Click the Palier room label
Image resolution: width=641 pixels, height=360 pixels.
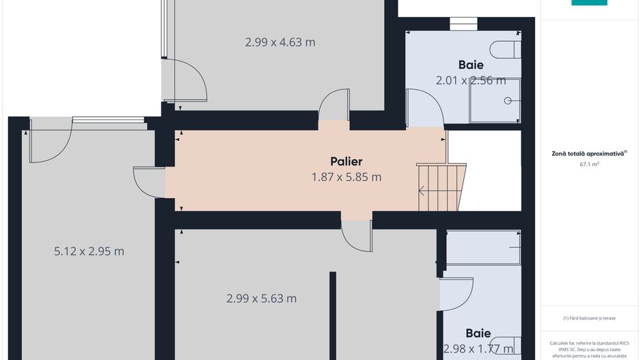pos(346,162)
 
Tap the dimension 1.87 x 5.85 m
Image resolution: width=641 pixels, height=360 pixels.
pos(346,178)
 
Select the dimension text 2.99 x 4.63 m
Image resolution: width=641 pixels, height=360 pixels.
pos(280,42)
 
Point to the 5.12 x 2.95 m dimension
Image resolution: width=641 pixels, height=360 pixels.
pos(89,251)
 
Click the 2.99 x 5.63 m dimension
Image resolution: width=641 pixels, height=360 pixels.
pos(261,299)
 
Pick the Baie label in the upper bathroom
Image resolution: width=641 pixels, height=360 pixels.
pos(471,66)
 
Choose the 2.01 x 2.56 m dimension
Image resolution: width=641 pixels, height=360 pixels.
pos(471,81)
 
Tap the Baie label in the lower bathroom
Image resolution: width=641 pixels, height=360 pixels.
pos(478,334)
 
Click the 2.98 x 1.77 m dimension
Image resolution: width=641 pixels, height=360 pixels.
pos(478,349)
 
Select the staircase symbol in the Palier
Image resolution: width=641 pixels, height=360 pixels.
pos(441,186)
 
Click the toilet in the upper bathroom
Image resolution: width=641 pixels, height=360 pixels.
pos(506,50)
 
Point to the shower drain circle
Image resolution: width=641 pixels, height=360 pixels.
pos(508,100)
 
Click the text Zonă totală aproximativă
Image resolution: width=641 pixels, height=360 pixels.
pos(588,154)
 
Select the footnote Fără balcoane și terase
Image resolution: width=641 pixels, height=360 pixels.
pos(589,318)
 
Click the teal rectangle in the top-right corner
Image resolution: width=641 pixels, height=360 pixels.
pos(589,3)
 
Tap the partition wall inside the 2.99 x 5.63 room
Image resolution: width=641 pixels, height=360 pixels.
pos(333,315)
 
